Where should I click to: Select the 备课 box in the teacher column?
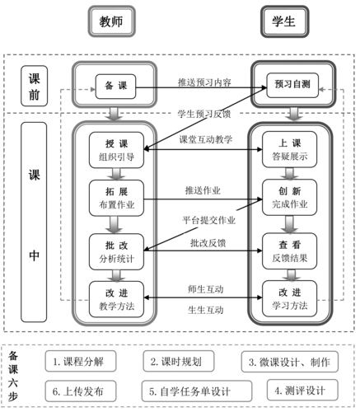click(x=115, y=85)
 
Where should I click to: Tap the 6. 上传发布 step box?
click(x=78, y=390)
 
